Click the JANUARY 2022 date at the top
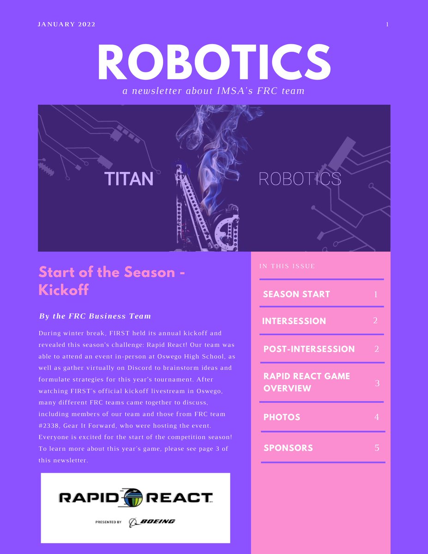tap(66, 24)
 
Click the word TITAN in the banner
tap(128, 179)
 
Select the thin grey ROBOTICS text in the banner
tap(300, 179)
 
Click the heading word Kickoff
tap(63, 290)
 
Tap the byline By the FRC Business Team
tap(95, 316)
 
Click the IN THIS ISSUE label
tap(287, 266)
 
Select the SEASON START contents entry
tap(296, 294)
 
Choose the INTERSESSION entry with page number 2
tap(294, 321)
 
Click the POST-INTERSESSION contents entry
tap(309, 349)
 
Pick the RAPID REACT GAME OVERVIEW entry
tap(307, 382)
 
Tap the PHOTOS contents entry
tap(282, 417)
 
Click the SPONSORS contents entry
tap(288, 448)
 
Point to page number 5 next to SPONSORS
tap(376, 448)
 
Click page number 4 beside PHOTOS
tap(376, 417)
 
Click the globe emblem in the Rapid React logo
tap(135, 498)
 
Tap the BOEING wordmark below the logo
tap(157, 522)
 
